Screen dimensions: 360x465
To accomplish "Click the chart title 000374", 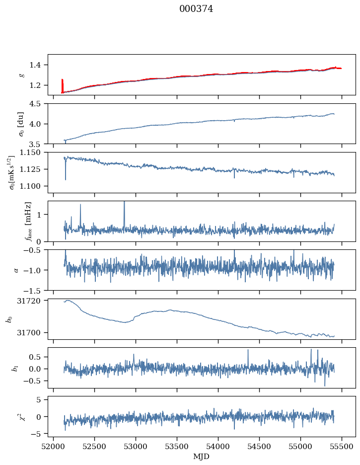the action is click(x=196, y=9).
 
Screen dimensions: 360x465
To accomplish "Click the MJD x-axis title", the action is click(x=202, y=457).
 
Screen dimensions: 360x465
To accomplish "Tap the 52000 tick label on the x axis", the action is click(x=53, y=447).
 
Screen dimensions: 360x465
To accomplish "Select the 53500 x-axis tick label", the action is click(x=177, y=447).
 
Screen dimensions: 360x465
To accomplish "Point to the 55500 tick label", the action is click(x=342, y=447).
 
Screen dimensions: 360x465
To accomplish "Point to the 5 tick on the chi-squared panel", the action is click(x=39, y=400).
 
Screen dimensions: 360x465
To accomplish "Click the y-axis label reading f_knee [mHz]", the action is click(x=28, y=221).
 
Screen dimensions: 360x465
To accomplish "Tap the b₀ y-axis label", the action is click(x=9, y=319).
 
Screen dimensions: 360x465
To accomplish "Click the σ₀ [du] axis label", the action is click(x=21, y=124).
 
